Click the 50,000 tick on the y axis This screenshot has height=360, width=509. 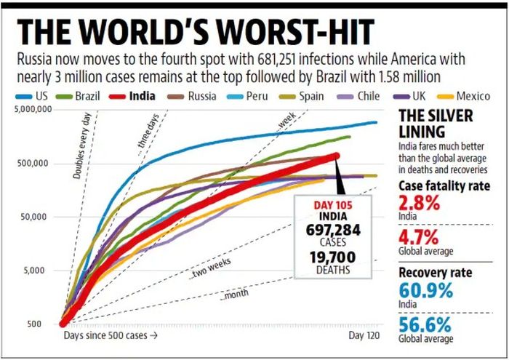(x=35, y=217)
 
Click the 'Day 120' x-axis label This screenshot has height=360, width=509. (x=363, y=336)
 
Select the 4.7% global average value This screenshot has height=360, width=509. (x=420, y=238)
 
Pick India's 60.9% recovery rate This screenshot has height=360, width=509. (x=426, y=289)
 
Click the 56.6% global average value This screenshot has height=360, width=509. (x=426, y=324)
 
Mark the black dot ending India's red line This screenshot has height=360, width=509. (x=337, y=155)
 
